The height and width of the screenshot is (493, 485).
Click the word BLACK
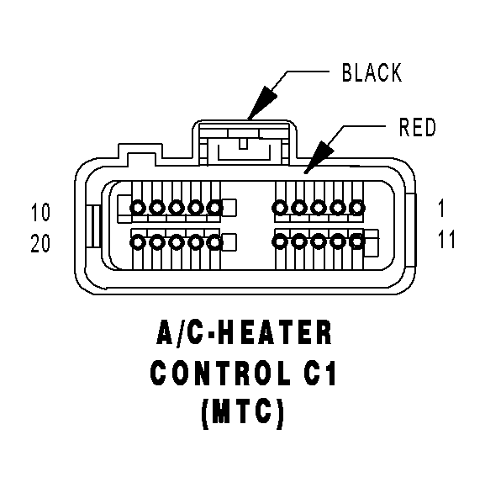372,72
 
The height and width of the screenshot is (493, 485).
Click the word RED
417,127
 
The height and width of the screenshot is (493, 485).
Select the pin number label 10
40,212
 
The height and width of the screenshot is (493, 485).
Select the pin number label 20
40,243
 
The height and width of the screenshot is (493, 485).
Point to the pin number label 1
441,209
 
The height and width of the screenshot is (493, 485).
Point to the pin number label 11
446,239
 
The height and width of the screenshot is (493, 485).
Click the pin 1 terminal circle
357,208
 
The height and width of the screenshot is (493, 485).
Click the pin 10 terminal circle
138,208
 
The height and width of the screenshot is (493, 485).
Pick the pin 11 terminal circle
357,241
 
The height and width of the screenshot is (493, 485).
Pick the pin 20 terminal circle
138,242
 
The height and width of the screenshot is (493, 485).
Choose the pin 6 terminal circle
215,208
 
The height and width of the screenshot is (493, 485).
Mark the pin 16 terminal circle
215,242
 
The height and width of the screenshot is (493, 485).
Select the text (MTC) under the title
242,413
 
